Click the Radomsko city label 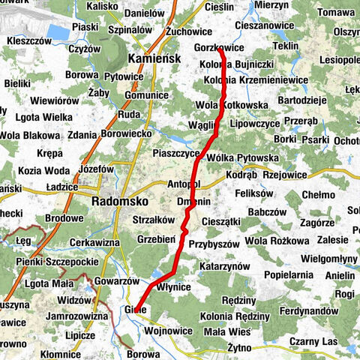click(118, 202)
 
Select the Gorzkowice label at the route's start click(218, 46)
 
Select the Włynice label click(174, 287)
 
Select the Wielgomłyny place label click(329, 259)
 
